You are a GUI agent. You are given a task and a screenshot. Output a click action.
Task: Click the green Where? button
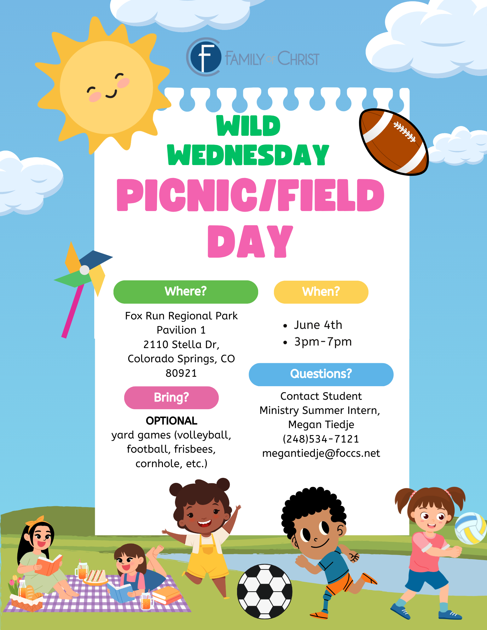[186, 292]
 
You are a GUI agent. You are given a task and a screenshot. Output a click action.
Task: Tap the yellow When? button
[321, 292]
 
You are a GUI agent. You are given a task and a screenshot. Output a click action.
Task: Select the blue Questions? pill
[321, 374]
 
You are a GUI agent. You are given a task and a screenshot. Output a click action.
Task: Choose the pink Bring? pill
[171, 398]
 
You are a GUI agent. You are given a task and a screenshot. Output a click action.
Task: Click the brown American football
[394, 142]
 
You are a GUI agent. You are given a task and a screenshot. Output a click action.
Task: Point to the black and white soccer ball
[265, 591]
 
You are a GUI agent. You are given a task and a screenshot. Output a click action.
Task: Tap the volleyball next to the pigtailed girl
[471, 528]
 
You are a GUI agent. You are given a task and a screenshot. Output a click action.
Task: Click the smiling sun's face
[107, 88]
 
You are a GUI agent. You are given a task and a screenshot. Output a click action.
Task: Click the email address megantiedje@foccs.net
[321, 453]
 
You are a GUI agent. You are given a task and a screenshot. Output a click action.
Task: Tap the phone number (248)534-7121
[321, 439]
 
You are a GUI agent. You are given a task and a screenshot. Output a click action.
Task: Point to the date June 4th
[318, 325]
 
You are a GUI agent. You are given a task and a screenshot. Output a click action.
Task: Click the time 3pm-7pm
[323, 341]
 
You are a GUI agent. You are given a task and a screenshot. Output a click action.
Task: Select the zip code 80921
[181, 373]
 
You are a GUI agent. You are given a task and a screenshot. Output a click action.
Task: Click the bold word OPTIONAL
[171, 421]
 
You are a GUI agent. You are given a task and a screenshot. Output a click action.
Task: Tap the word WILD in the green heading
[248, 126]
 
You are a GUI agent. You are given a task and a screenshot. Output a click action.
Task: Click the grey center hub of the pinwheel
[84, 270]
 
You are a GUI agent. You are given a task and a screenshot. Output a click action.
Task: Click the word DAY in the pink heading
[250, 241]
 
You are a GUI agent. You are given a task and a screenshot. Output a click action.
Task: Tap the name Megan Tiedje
[321, 425]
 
